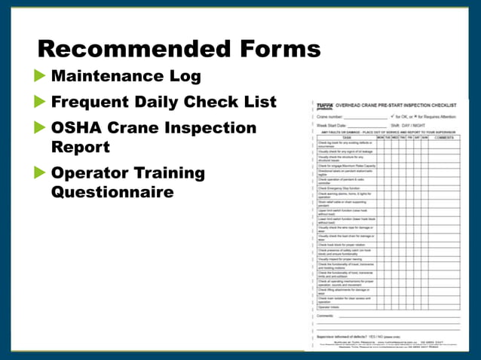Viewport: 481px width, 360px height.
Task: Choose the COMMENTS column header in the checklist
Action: click(443, 138)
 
